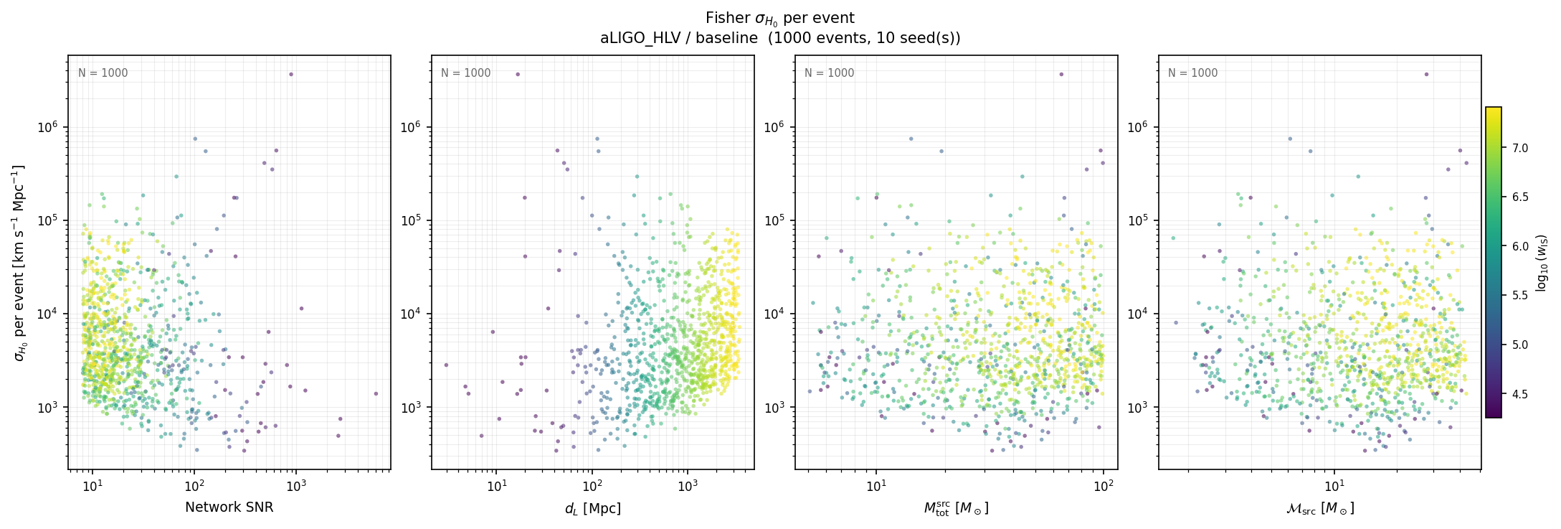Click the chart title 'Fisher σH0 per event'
779,19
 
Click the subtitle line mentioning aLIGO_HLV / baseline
779,39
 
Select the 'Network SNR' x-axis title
229,507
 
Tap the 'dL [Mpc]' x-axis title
592,509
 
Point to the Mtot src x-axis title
956,509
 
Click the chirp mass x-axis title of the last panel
1319,509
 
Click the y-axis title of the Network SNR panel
19,263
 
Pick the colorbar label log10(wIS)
1542,263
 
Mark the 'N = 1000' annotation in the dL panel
466,73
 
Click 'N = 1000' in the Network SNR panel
103,73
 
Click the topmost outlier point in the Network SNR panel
290,74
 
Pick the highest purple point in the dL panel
518,74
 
